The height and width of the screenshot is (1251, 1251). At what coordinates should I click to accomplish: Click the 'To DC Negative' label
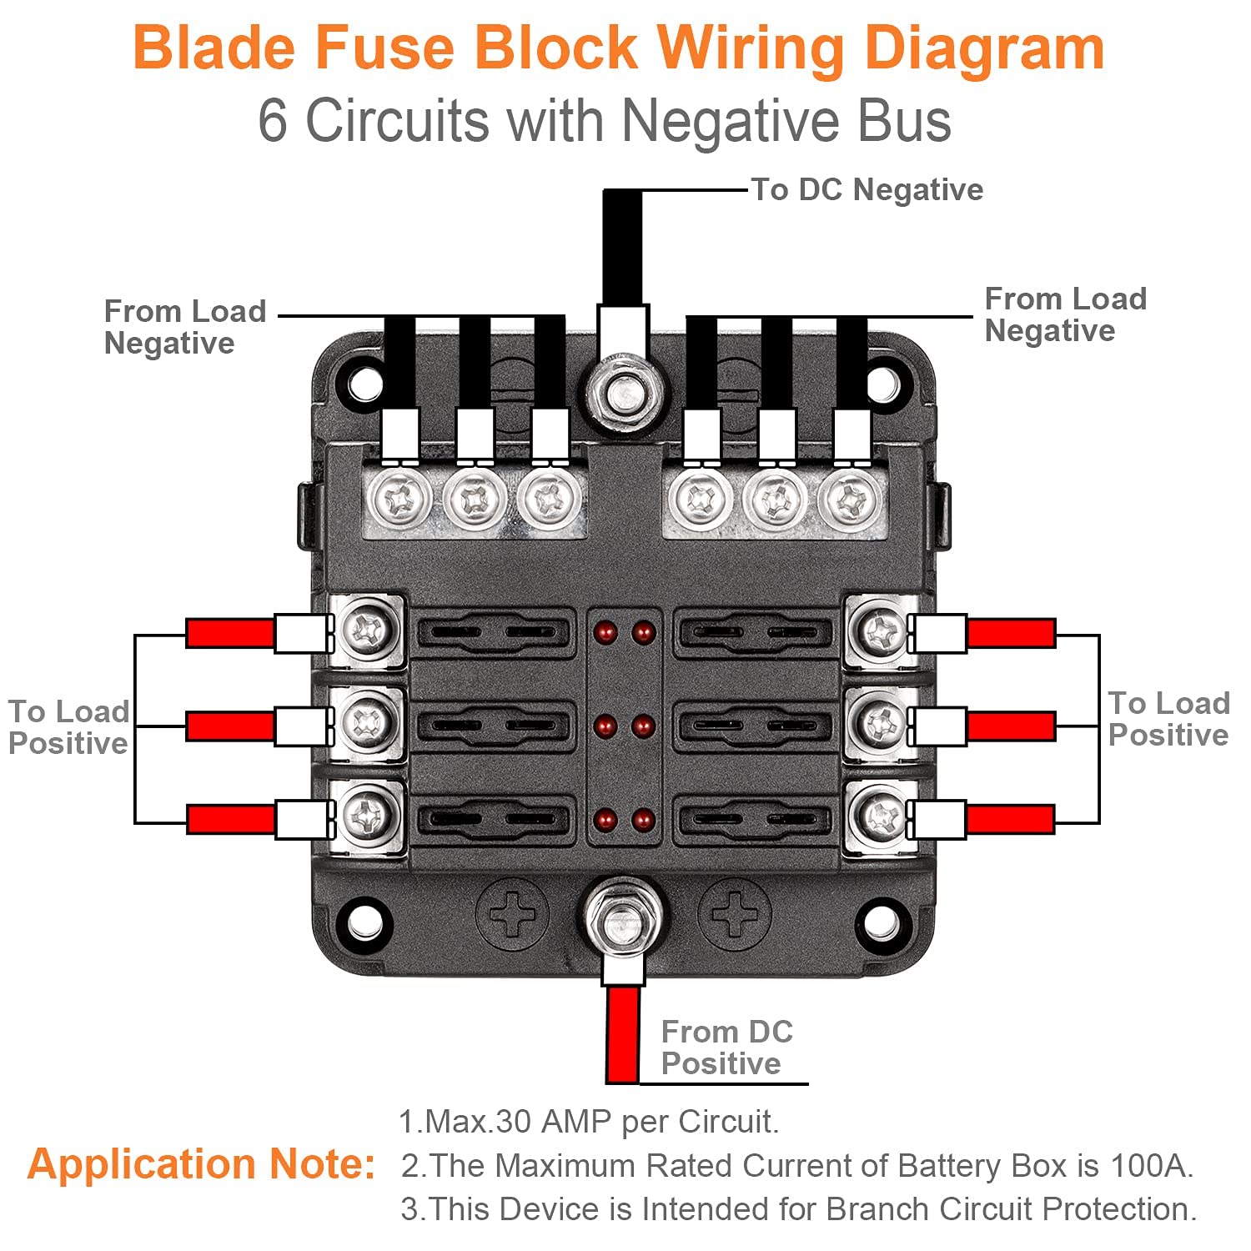tap(867, 190)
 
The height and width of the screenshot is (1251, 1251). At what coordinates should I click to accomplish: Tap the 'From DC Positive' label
tap(726, 1048)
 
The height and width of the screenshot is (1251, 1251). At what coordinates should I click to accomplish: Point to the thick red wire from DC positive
tap(623, 1034)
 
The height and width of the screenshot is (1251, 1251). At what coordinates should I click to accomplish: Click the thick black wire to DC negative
tap(623, 247)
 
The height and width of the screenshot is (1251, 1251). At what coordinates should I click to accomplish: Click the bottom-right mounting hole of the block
tap(882, 922)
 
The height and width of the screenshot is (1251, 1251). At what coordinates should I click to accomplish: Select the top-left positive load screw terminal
tap(368, 631)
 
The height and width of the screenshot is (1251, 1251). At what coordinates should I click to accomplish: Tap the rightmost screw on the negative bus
tap(850, 500)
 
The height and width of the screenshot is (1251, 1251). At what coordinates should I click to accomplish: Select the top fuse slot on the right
tap(753, 632)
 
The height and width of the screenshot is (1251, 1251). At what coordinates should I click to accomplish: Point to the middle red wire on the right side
tap(1011, 726)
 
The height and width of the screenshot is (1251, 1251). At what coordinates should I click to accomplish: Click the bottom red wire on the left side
tap(230, 819)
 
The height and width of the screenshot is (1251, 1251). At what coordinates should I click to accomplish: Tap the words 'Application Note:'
tap(201, 1164)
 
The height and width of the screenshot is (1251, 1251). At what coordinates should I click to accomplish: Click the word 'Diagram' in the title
tap(984, 48)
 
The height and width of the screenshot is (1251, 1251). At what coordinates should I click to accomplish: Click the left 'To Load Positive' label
tap(68, 727)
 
